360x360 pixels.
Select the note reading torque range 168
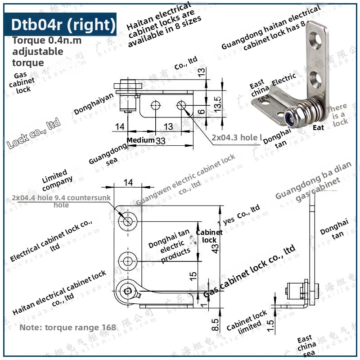[67, 328]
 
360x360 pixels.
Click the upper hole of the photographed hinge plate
[318, 40]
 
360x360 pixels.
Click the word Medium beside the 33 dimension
[140, 140]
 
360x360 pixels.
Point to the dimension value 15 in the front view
[193, 276]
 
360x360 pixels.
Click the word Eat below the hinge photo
[318, 128]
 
